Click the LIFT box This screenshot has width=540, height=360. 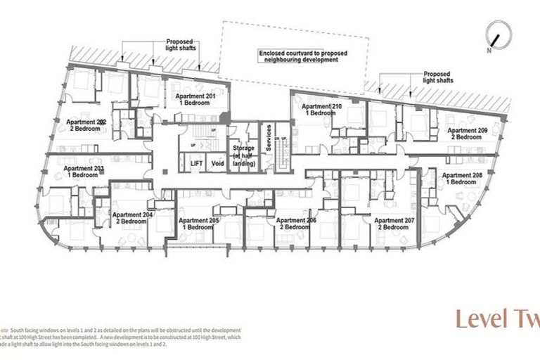click(198, 163)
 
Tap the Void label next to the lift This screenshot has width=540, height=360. click(218, 163)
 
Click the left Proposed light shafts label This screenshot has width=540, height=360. click(181, 45)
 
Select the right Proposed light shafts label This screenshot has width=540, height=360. click(437, 77)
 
